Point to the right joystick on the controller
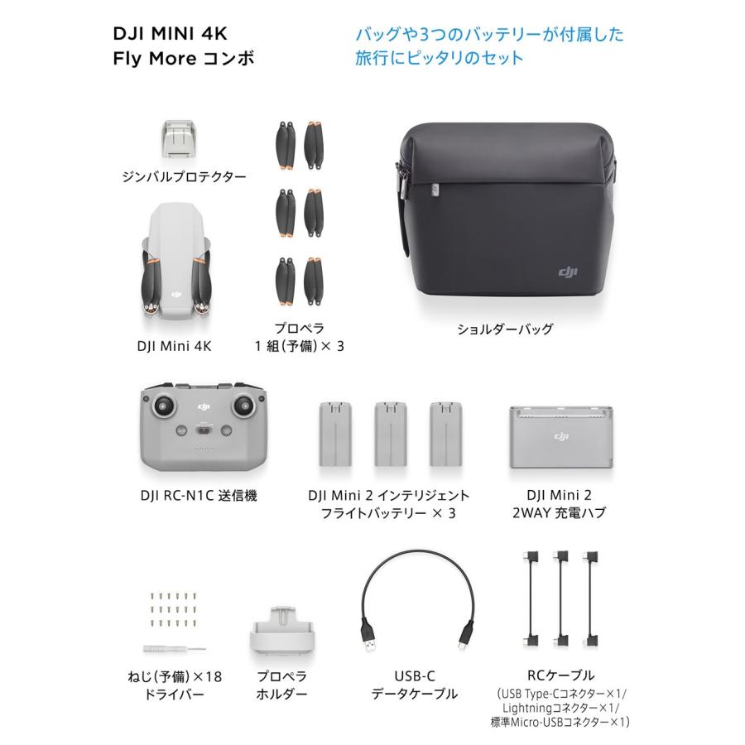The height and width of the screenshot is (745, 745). click(246, 406)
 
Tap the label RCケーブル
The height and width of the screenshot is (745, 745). click(560, 675)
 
